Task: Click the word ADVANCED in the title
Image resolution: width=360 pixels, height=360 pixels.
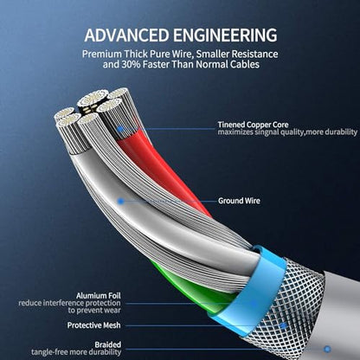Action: (126, 35)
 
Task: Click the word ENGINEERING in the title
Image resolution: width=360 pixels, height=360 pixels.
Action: (225, 35)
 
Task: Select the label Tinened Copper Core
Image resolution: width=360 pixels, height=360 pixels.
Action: (253, 125)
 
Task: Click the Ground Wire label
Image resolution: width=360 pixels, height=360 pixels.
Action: (239, 201)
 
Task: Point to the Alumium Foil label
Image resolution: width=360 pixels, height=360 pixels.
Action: (99, 296)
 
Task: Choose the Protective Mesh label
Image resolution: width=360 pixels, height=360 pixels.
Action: (93, 325)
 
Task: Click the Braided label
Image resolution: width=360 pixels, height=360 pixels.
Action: (108, 344)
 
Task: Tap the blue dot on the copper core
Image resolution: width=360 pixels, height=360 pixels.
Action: (120, 129)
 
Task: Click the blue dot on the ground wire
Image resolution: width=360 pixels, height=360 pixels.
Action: (121, 201)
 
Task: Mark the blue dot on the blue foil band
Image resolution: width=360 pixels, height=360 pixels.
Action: (254, 303)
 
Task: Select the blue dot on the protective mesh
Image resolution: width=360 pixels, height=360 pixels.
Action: (284, 326)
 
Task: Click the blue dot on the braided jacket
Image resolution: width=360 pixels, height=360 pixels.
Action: (327, 350)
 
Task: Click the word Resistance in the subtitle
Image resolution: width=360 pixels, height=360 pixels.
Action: (254, 54)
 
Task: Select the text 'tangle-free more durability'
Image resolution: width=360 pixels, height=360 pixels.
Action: (76, 352)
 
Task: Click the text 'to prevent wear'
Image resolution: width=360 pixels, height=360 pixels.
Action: (94, 311)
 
